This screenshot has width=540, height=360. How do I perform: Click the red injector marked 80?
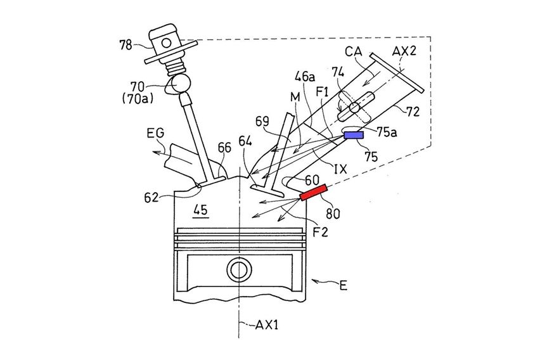314,191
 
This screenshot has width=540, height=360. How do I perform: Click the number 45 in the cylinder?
201,209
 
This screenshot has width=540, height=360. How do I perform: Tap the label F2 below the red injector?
321,231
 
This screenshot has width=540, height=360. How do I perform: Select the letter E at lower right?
343,285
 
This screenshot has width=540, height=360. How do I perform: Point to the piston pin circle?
240,269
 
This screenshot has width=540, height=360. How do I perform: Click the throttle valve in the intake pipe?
353,106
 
